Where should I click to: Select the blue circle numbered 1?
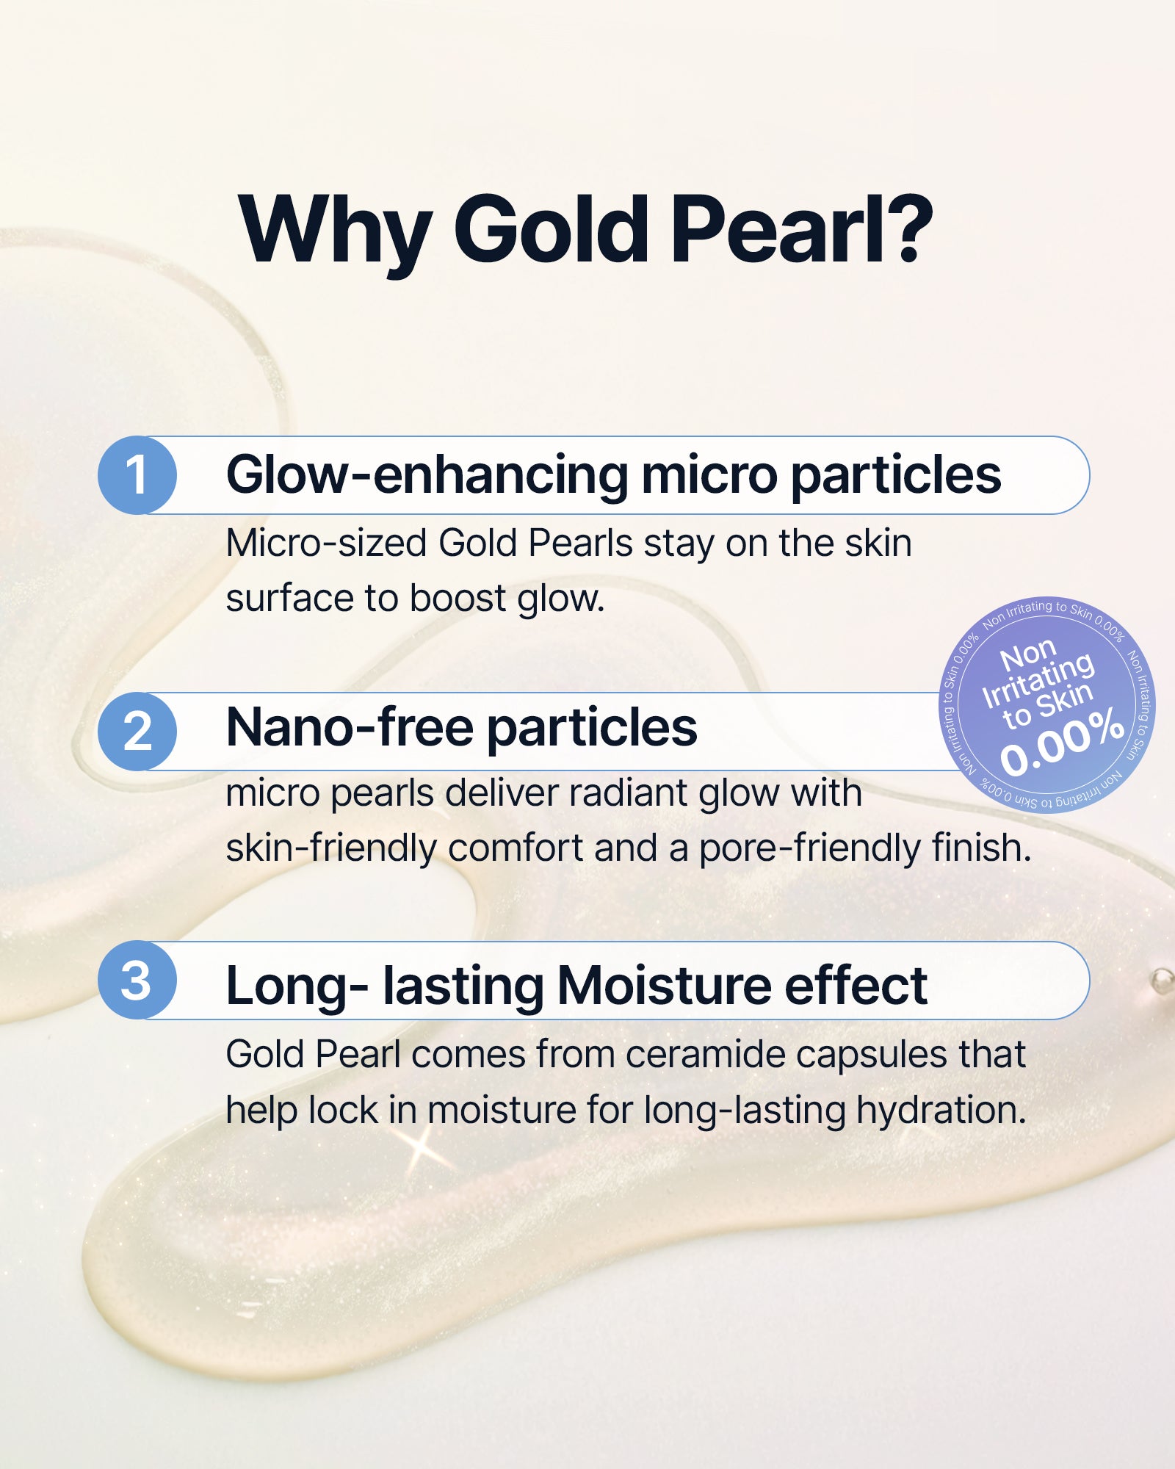[137, 475]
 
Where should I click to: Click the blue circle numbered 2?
[137, 731]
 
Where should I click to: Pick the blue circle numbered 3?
[137, 980]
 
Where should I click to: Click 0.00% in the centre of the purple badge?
[1062, 741]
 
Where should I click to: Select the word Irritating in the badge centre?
[1038, 679]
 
